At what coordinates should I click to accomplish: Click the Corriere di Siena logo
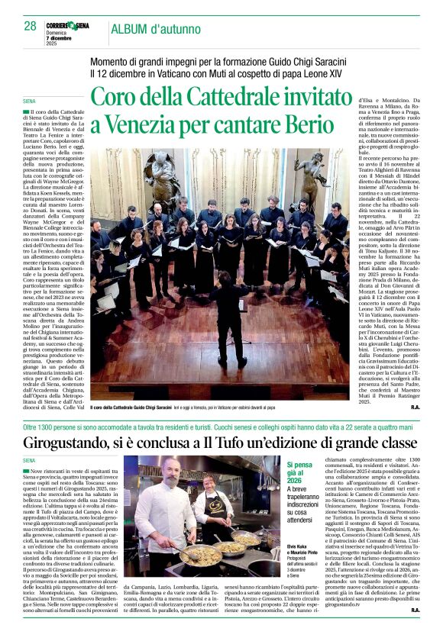click(x=67, y=26)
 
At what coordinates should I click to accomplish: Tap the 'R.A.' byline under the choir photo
click(x=415, y=408)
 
